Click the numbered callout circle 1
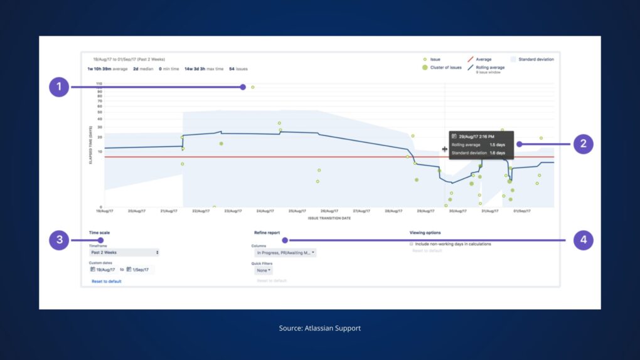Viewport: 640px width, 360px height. (59, 87)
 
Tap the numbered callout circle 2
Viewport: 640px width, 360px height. (583, 144)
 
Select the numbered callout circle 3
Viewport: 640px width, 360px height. (59, 240)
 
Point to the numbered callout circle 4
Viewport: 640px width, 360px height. (583, 240)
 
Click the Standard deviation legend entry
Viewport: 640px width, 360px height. (535, 60)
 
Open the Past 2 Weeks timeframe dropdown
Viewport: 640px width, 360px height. (124, 253)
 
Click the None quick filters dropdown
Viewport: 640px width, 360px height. (263, 270)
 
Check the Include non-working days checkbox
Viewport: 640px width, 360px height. (412, 244)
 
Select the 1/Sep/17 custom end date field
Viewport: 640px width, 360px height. (140, 270)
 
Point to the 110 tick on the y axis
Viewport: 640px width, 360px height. (99, 83)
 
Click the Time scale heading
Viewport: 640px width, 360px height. (99, 233)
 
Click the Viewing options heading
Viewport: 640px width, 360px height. (425, 233)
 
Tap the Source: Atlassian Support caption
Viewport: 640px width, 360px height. (320, 328)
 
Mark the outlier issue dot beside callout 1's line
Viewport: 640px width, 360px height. (253, 87)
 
